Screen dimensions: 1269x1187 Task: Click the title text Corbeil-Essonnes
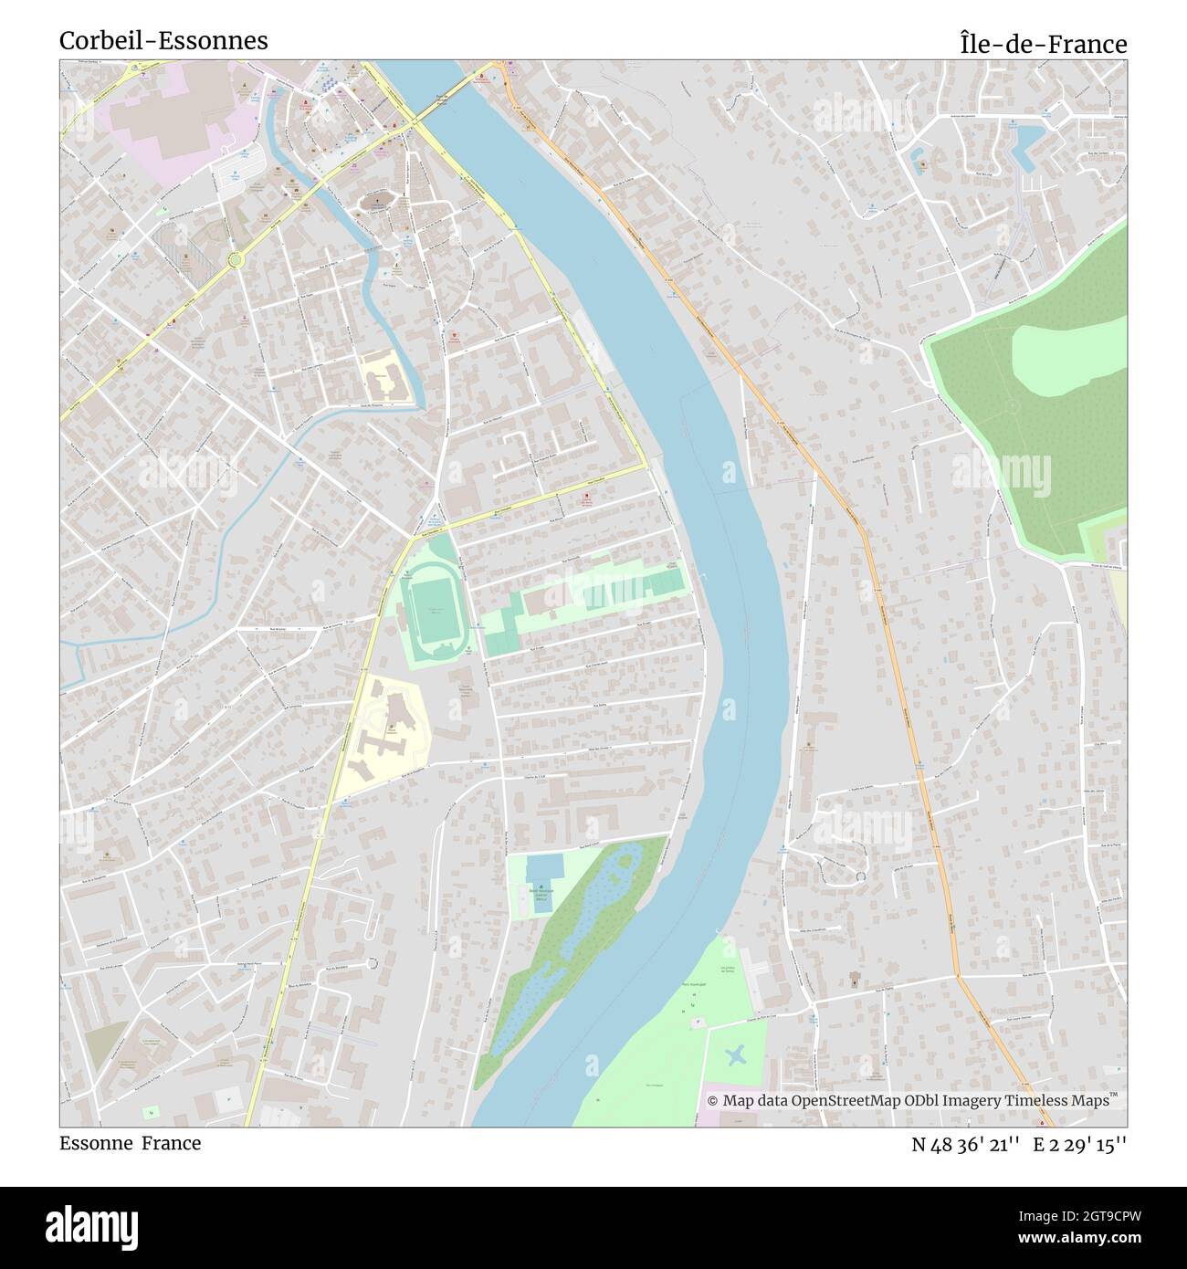pos(163,41)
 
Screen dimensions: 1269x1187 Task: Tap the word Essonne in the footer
pos(96,1143)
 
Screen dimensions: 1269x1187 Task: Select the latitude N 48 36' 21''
pos(965,1145)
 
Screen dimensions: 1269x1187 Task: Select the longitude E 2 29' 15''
pos(1080,1145)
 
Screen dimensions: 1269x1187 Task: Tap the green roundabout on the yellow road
pos(236,260)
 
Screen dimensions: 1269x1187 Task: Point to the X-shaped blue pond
pos(736,1056)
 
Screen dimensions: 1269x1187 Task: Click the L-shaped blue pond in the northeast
pos(1028,145)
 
